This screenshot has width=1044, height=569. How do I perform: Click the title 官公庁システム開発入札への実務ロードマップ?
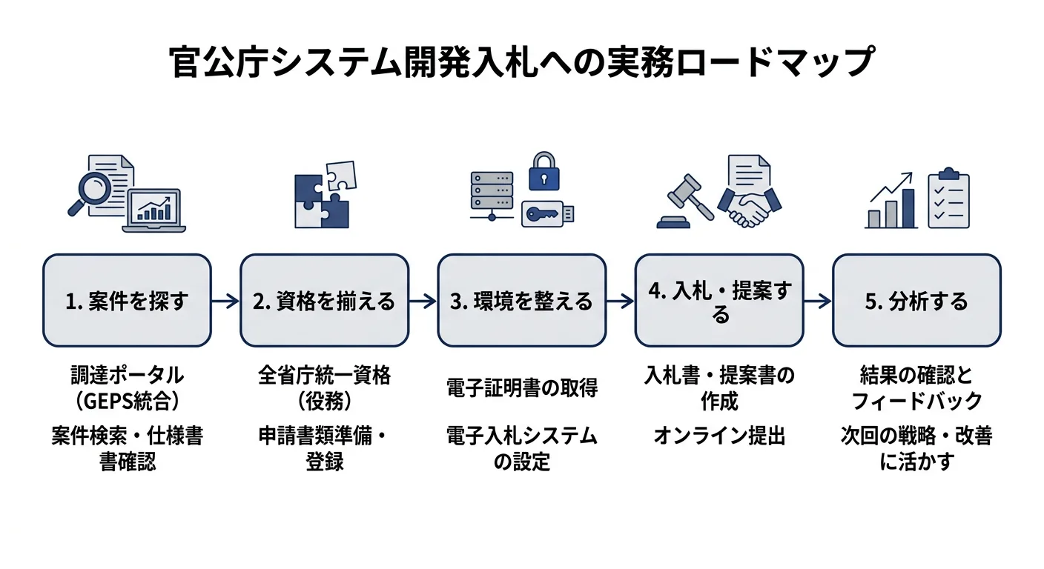pos(521,64)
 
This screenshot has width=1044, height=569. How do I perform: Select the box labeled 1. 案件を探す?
pos(127,301)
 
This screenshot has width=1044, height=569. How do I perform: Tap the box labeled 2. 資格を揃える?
pos(324,301)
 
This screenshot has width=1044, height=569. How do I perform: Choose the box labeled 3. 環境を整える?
pos(521,301)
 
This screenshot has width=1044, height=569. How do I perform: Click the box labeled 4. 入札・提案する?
pos(718,301)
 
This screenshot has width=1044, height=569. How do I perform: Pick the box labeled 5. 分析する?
pos(916,301)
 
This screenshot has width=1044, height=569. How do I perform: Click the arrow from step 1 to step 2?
pos(225,301)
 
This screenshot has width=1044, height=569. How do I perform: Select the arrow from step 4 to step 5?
pos(817,301)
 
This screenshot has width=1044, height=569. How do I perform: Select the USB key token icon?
pos(547,214)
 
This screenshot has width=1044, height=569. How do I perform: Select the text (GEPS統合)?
pos(127,401)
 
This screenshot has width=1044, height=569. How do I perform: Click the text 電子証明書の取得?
pos(521,387)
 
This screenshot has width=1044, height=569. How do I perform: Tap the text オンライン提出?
pos(718,436)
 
